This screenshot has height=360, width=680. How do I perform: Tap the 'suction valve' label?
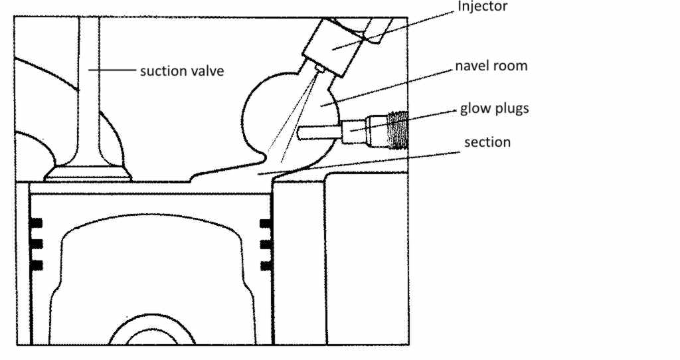(181, 70)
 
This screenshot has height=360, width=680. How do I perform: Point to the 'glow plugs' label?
(495, 108)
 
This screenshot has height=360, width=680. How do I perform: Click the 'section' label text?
(487, 142)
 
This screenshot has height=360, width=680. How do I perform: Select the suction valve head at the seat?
(88, 175)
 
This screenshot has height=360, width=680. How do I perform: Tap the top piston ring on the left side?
(36, 222)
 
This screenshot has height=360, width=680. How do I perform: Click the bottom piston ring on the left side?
(36, 265)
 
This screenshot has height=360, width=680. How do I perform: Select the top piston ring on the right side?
(267, 222)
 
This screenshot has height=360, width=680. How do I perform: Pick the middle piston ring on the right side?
(267, 244)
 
